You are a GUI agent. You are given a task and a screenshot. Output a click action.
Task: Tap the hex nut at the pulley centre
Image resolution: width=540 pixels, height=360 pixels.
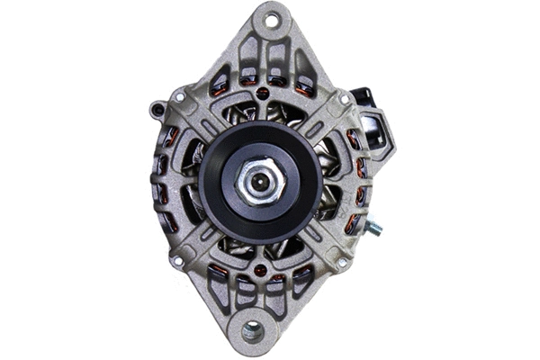260,181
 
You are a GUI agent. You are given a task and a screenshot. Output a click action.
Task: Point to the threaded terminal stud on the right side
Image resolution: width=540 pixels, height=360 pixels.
373,229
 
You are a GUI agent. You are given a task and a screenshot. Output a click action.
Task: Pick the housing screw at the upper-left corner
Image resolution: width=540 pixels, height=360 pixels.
180,96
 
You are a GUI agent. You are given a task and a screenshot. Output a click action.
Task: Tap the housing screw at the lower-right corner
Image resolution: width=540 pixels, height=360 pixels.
340,262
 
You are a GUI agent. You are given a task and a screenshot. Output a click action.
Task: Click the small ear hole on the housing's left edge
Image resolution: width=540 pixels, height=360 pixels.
158,110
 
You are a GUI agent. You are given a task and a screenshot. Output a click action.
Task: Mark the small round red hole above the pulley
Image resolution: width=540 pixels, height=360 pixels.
261,92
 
